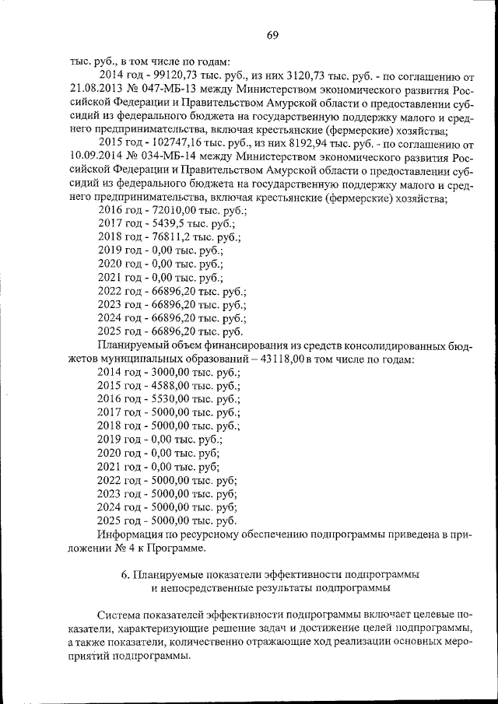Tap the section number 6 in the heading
click(125, 574)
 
